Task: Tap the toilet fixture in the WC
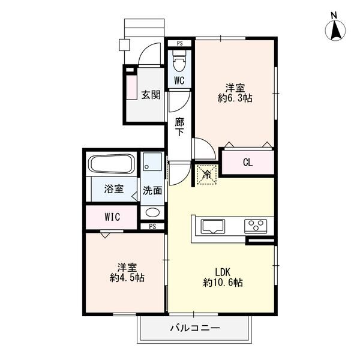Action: (x=179, y=61)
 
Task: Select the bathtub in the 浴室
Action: (x=112, y=163)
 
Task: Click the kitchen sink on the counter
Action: (x=212, y=226)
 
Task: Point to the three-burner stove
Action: (x=256, y=226)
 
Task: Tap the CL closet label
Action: (x=248, y=163)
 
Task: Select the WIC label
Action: (x=112, y=217)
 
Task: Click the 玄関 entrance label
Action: (x=151, y=95)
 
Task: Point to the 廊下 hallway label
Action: (x=179, y=127)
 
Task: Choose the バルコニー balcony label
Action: (x=195, y=328)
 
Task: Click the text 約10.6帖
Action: (x=223, y=283)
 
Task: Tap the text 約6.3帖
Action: (x=235, y=98)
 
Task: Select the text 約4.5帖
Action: (x=127, y=278)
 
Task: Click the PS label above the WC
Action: (x=180, y=43)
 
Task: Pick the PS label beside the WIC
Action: (x=152, y=227)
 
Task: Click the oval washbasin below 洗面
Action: (x=152, y=212)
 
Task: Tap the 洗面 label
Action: (x=152, y=190)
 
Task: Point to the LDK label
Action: (x=223, y=272)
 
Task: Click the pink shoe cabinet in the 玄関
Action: (x=131, y=87)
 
